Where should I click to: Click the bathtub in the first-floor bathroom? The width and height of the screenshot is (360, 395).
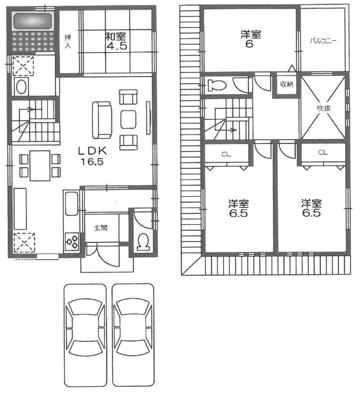pyautogui.click(x=32, y=22)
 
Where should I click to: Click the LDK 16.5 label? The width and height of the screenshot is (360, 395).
pyautogui.click(x=92, y=156)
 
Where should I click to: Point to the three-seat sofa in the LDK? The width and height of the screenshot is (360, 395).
pyautogui.click(x=102, y=120)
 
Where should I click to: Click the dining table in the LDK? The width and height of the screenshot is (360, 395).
pyautogui.click(x=40, y=166)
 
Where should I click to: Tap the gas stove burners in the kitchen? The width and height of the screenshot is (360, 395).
pyautogui.click(x=72, y=241)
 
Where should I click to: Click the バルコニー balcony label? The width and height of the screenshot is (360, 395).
pyautogui.click(x=323, y=41)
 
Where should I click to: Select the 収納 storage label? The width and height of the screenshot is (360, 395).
pyautogui.click(x=286, y=85)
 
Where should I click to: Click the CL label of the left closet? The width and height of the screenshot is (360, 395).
pyautogui.click(x=226, y=154)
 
